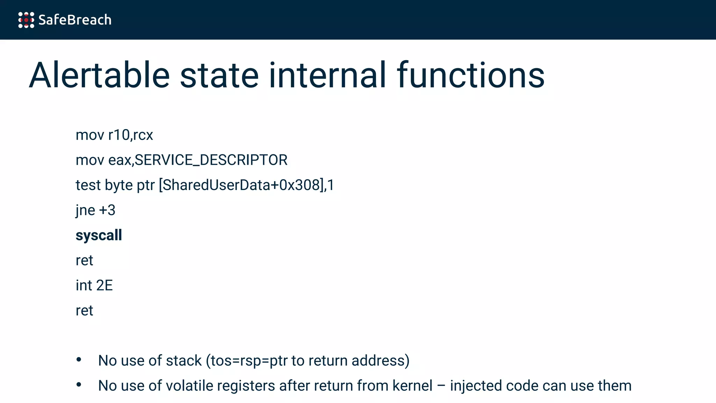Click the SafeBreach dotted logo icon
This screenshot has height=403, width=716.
point(26,20)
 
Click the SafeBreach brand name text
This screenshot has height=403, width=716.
point(75,20)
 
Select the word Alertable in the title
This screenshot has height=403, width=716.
point(99,75)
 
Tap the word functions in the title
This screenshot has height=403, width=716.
point(471,75)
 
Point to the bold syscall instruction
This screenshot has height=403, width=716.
point(99,235)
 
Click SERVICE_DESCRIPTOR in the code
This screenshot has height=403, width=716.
point(211,160)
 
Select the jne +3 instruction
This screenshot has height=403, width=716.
point(95,210)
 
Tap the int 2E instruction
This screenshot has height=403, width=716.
point(94,285)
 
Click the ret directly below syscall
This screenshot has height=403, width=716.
point(84,261)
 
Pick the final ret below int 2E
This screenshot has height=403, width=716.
point(84,311)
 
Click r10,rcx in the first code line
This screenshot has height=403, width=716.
point(130,135)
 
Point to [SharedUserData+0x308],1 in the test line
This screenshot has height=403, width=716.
point(246,185)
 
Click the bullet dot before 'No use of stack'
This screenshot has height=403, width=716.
point(79,360)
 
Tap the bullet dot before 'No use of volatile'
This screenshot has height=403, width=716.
point(79,385)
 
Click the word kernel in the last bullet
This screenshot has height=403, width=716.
point(413,386)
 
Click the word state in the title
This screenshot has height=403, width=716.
point(219,75)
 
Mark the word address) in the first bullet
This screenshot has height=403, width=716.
point(380,361)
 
